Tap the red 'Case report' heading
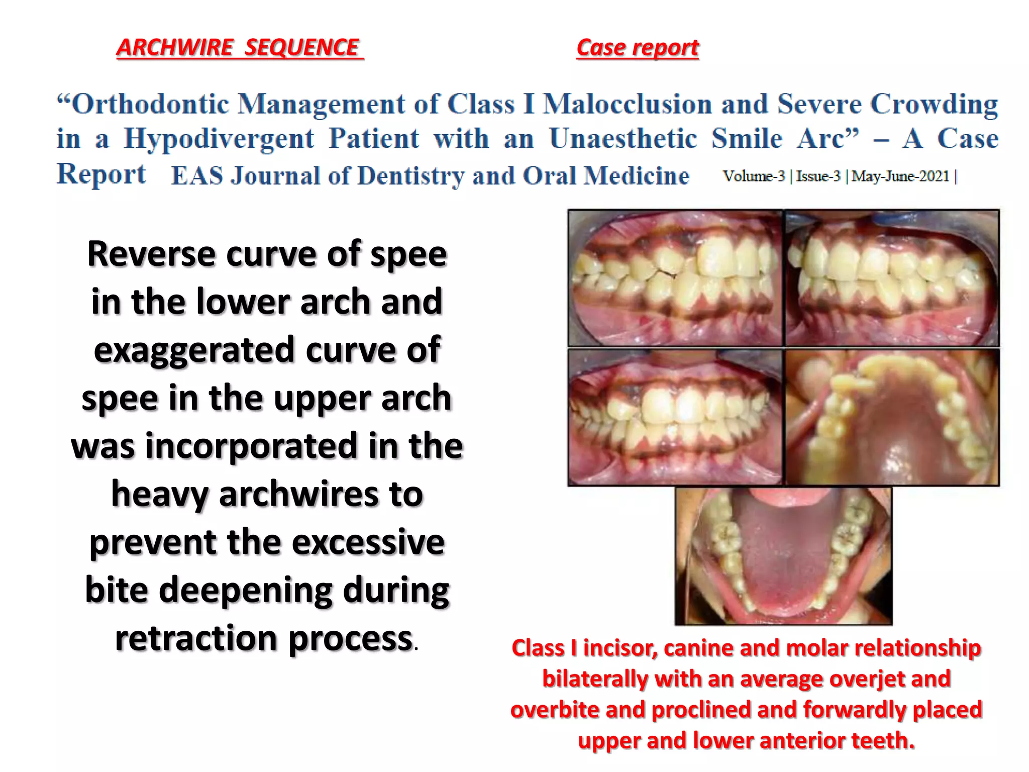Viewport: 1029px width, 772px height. tap(637, 48)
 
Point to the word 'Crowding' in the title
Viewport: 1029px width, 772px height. tap(934, 105)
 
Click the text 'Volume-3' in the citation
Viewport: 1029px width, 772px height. tap(754, 176)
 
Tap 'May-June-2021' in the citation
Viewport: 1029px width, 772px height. tap(900, 176)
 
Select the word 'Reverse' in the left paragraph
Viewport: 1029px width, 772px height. tap(151, 254)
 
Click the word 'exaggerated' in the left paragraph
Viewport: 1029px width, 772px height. tap(194, 350)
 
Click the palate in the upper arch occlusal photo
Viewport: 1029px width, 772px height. tap(894, 427)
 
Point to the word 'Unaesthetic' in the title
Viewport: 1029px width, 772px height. tap(623, 139)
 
